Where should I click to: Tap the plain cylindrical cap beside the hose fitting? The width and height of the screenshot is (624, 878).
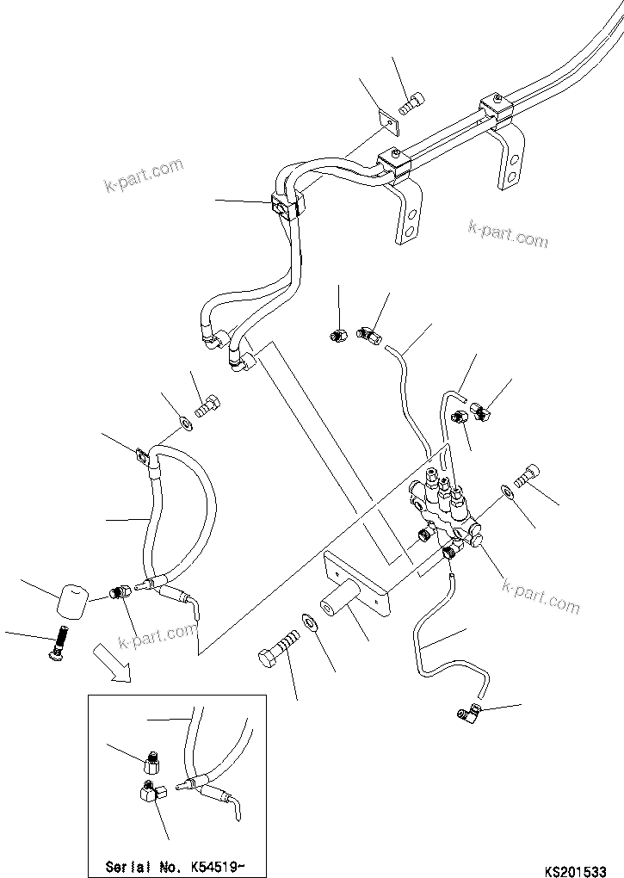pos(73,599)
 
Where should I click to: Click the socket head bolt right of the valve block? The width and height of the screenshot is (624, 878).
pos(528,473)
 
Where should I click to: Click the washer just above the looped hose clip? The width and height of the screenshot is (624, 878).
pos(184,422)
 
